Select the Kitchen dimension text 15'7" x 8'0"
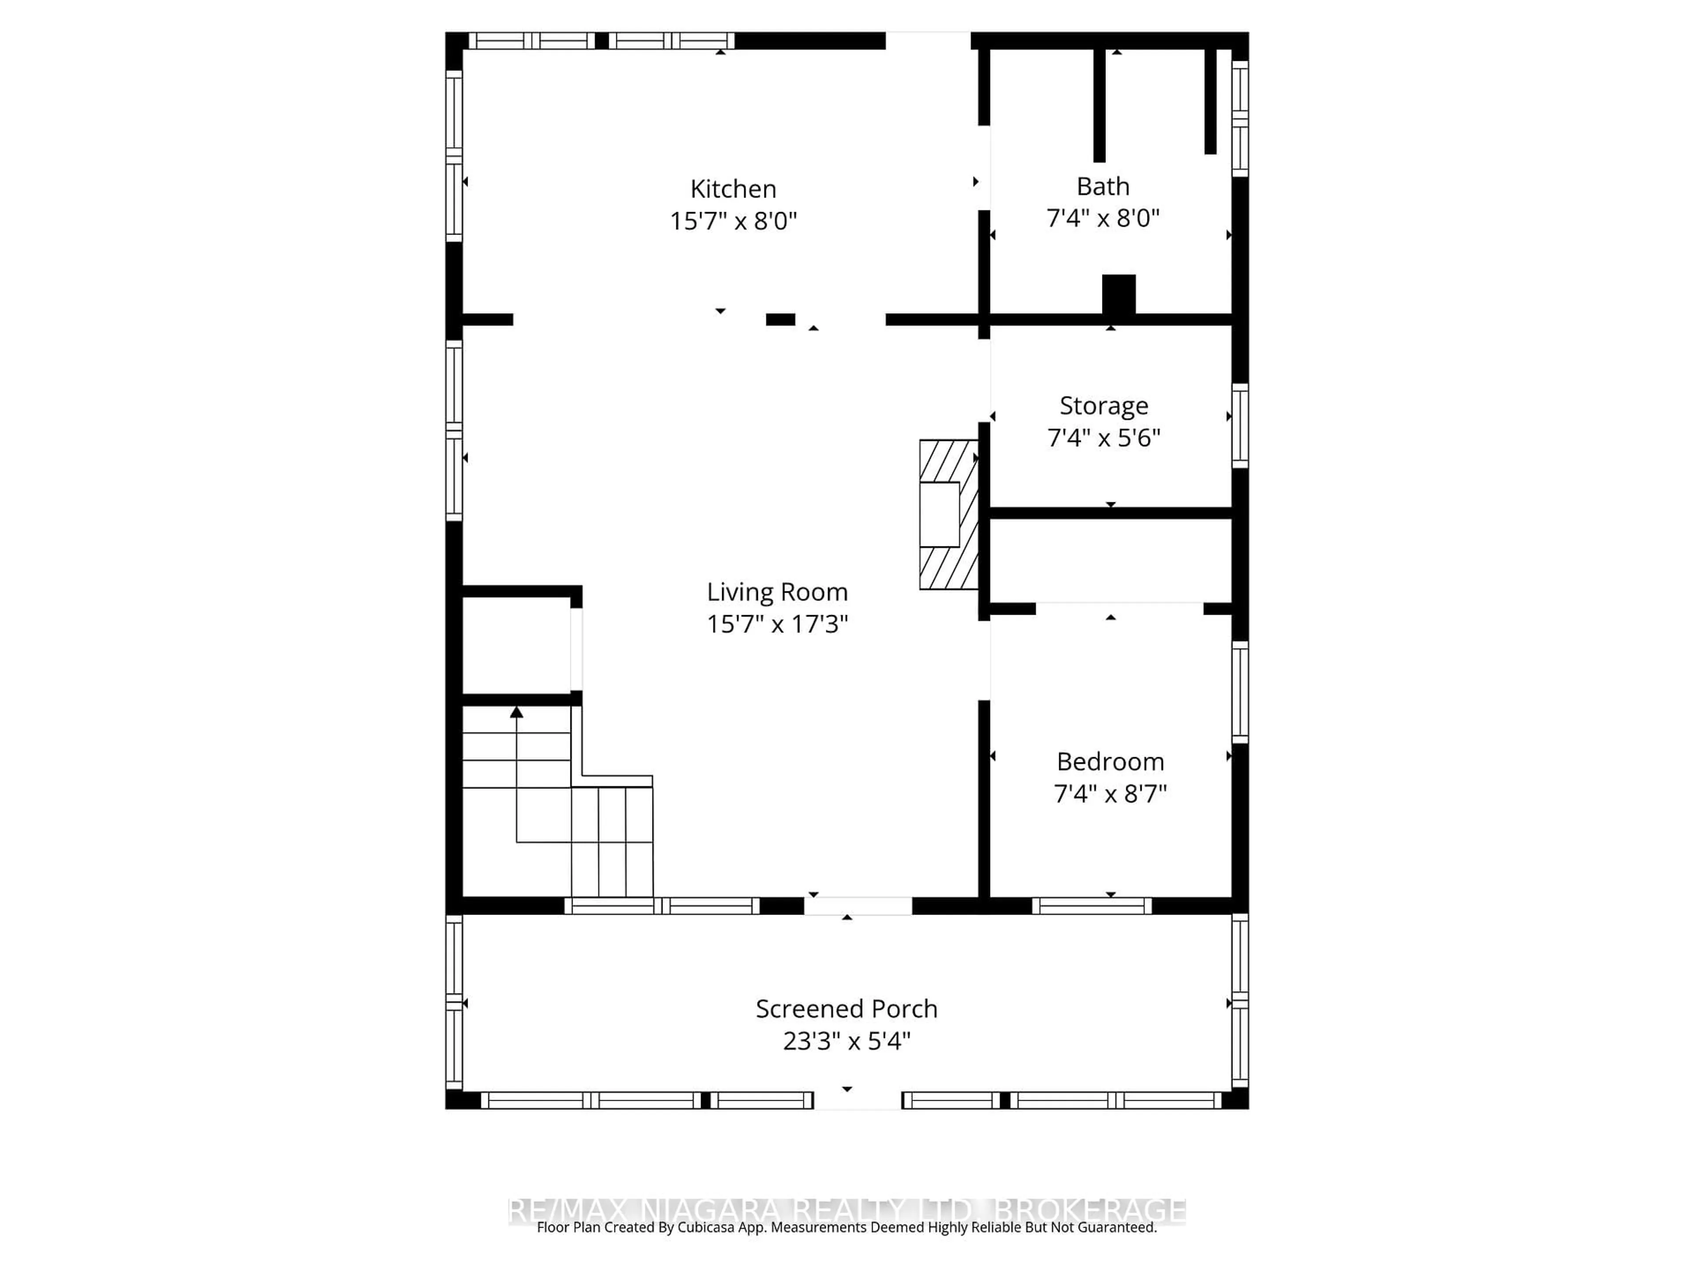tap(733, 221)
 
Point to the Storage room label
tap(1104, 406)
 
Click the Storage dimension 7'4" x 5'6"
tap(1104, 438)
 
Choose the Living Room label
tap(776, 592)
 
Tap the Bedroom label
tap(1109, 762)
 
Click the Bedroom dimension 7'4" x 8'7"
tap(1109, 794)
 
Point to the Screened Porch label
tap(846, 1009)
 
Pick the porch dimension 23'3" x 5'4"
tap(846, 1041)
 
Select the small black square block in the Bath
tap(1118, 294)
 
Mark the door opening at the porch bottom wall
tap(857, 1101)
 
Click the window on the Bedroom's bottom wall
tap(1091, 906)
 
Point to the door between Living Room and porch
tap(858, 906)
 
